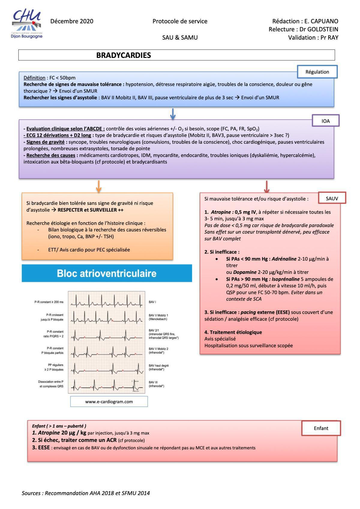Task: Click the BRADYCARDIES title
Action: point(123,55)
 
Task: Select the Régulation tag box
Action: point(317,72)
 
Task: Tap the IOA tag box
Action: point(325,121)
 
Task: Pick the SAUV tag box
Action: point(332,198)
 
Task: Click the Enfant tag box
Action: point(321,428)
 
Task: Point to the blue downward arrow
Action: point(173,114)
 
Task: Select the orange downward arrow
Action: point(99,186)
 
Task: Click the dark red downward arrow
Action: point(267,186)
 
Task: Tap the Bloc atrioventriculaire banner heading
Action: point(107,273)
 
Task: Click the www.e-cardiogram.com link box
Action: point(109,402)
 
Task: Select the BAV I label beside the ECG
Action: point(152,302)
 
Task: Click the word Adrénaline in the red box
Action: point(284,259)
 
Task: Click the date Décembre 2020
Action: point(72,21)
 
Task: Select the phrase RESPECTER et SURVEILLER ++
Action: point(90,210)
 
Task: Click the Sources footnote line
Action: point(85,493)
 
